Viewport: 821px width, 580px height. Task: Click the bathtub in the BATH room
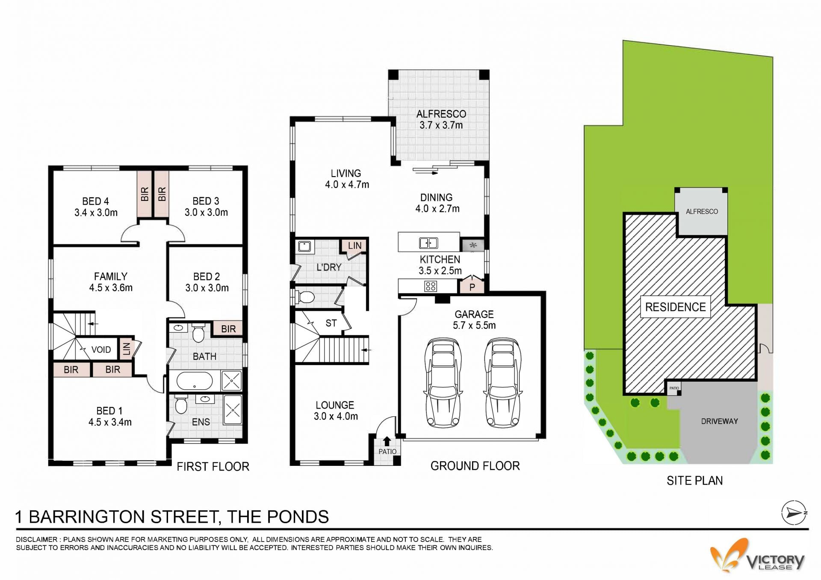click(194, 381)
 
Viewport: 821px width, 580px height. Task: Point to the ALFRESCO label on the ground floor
click(441, 114)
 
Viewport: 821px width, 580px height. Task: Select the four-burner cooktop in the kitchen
click(431, 286)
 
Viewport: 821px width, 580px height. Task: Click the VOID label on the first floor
click(101, 350)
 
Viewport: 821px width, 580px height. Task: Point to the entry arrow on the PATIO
click(387, 441)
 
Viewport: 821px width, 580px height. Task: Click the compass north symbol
click(794, 512)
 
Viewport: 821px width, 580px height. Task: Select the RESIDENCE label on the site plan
click(675, 307)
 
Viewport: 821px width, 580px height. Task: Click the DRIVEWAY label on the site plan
click(720, 421)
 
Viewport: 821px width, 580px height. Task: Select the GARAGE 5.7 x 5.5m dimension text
click(474, 325)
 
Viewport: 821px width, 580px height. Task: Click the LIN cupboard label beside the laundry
click(354, 246)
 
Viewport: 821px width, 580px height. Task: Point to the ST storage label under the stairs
click(331, 323)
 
